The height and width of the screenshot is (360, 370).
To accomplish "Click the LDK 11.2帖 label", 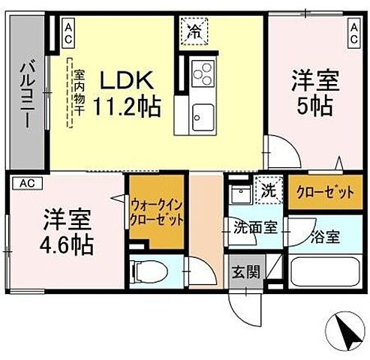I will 126,93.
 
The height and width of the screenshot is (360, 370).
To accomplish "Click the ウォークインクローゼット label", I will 157,211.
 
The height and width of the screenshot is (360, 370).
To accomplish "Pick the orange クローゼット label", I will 323,192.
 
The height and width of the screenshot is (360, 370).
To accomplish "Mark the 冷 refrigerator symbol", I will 194,31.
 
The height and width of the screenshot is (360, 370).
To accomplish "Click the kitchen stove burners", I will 202,73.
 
